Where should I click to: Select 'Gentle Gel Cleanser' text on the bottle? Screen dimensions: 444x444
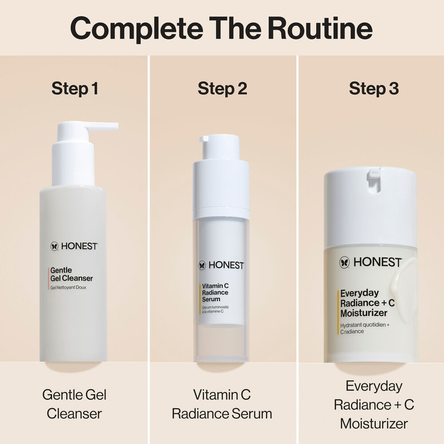pos(71,274)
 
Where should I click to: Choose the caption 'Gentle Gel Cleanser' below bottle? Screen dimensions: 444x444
pos(74,404)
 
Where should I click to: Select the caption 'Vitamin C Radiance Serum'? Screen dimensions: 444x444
pos(222,404)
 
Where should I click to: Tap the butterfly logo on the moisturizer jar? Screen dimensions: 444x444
pos(345,262)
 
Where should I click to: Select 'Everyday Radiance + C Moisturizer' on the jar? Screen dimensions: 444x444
pos(364,303)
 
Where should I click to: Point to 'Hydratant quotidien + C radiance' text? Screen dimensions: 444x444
pos(365,328)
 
